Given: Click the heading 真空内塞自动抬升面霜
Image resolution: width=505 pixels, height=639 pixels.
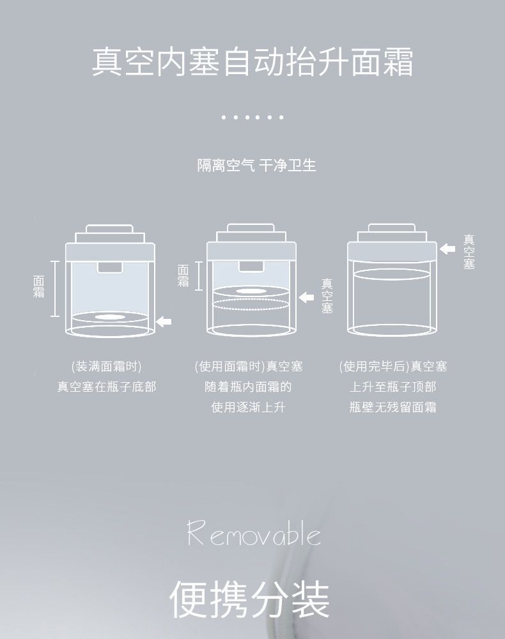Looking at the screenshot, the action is [x=252, y=63].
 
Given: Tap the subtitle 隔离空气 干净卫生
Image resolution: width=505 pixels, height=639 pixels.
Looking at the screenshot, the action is [x=256, y=166].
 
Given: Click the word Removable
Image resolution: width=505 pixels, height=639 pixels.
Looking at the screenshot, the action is [x=254, y=534].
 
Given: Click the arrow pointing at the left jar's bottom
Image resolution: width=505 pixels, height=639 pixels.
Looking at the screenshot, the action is [x=164, y=321].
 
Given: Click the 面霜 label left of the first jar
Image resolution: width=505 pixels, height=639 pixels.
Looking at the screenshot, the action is [x=39, y=287].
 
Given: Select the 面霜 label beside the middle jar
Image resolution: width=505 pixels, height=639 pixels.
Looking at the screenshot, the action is [x=183, y=275].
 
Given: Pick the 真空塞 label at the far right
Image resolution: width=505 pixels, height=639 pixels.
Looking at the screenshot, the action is [x=469, y=252].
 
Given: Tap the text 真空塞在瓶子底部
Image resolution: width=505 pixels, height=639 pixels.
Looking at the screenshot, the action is [x=107, y=387].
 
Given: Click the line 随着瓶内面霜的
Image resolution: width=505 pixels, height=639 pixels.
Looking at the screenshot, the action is [x=249, y=387].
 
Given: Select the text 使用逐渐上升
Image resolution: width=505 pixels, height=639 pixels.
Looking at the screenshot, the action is [x=249, y=407].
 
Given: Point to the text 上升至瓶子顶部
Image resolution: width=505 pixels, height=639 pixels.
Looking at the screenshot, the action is [x=393, y=387].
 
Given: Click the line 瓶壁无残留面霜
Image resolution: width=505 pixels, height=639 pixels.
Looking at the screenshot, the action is [x=393, y=407].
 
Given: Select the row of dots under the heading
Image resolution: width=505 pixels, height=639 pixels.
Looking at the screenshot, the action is [x=252, y=118].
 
